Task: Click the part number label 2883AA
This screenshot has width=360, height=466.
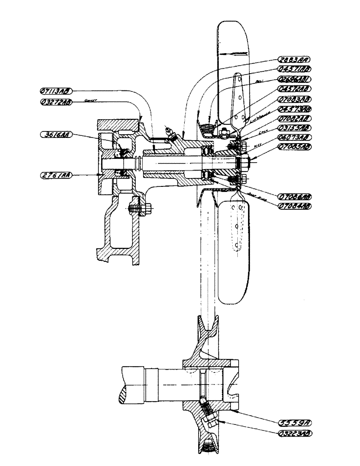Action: click(x=293, y=59)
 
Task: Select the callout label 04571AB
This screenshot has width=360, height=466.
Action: click(x=293, y=69)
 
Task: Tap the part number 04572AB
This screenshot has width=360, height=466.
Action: click(x=294, y=89)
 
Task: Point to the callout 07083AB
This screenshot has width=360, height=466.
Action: click(x=294, y=99)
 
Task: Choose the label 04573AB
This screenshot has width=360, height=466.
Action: click(x=294, y=109)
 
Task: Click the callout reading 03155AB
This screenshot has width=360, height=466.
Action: click(x=294, y=127)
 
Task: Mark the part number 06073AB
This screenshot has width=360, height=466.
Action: click(x=294, y=137)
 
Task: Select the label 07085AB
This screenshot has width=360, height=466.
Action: click(x=294, y=147)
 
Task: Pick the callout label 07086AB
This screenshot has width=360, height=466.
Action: click(x=294, y=195)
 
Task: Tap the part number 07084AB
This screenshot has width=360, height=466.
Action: click(x=294, y=205)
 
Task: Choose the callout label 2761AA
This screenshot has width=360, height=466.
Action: click(x=55, y=175)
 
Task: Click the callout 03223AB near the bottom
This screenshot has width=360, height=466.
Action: click(x=294, y=433)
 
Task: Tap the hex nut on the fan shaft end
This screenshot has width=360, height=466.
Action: click(x=244, y=163)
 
